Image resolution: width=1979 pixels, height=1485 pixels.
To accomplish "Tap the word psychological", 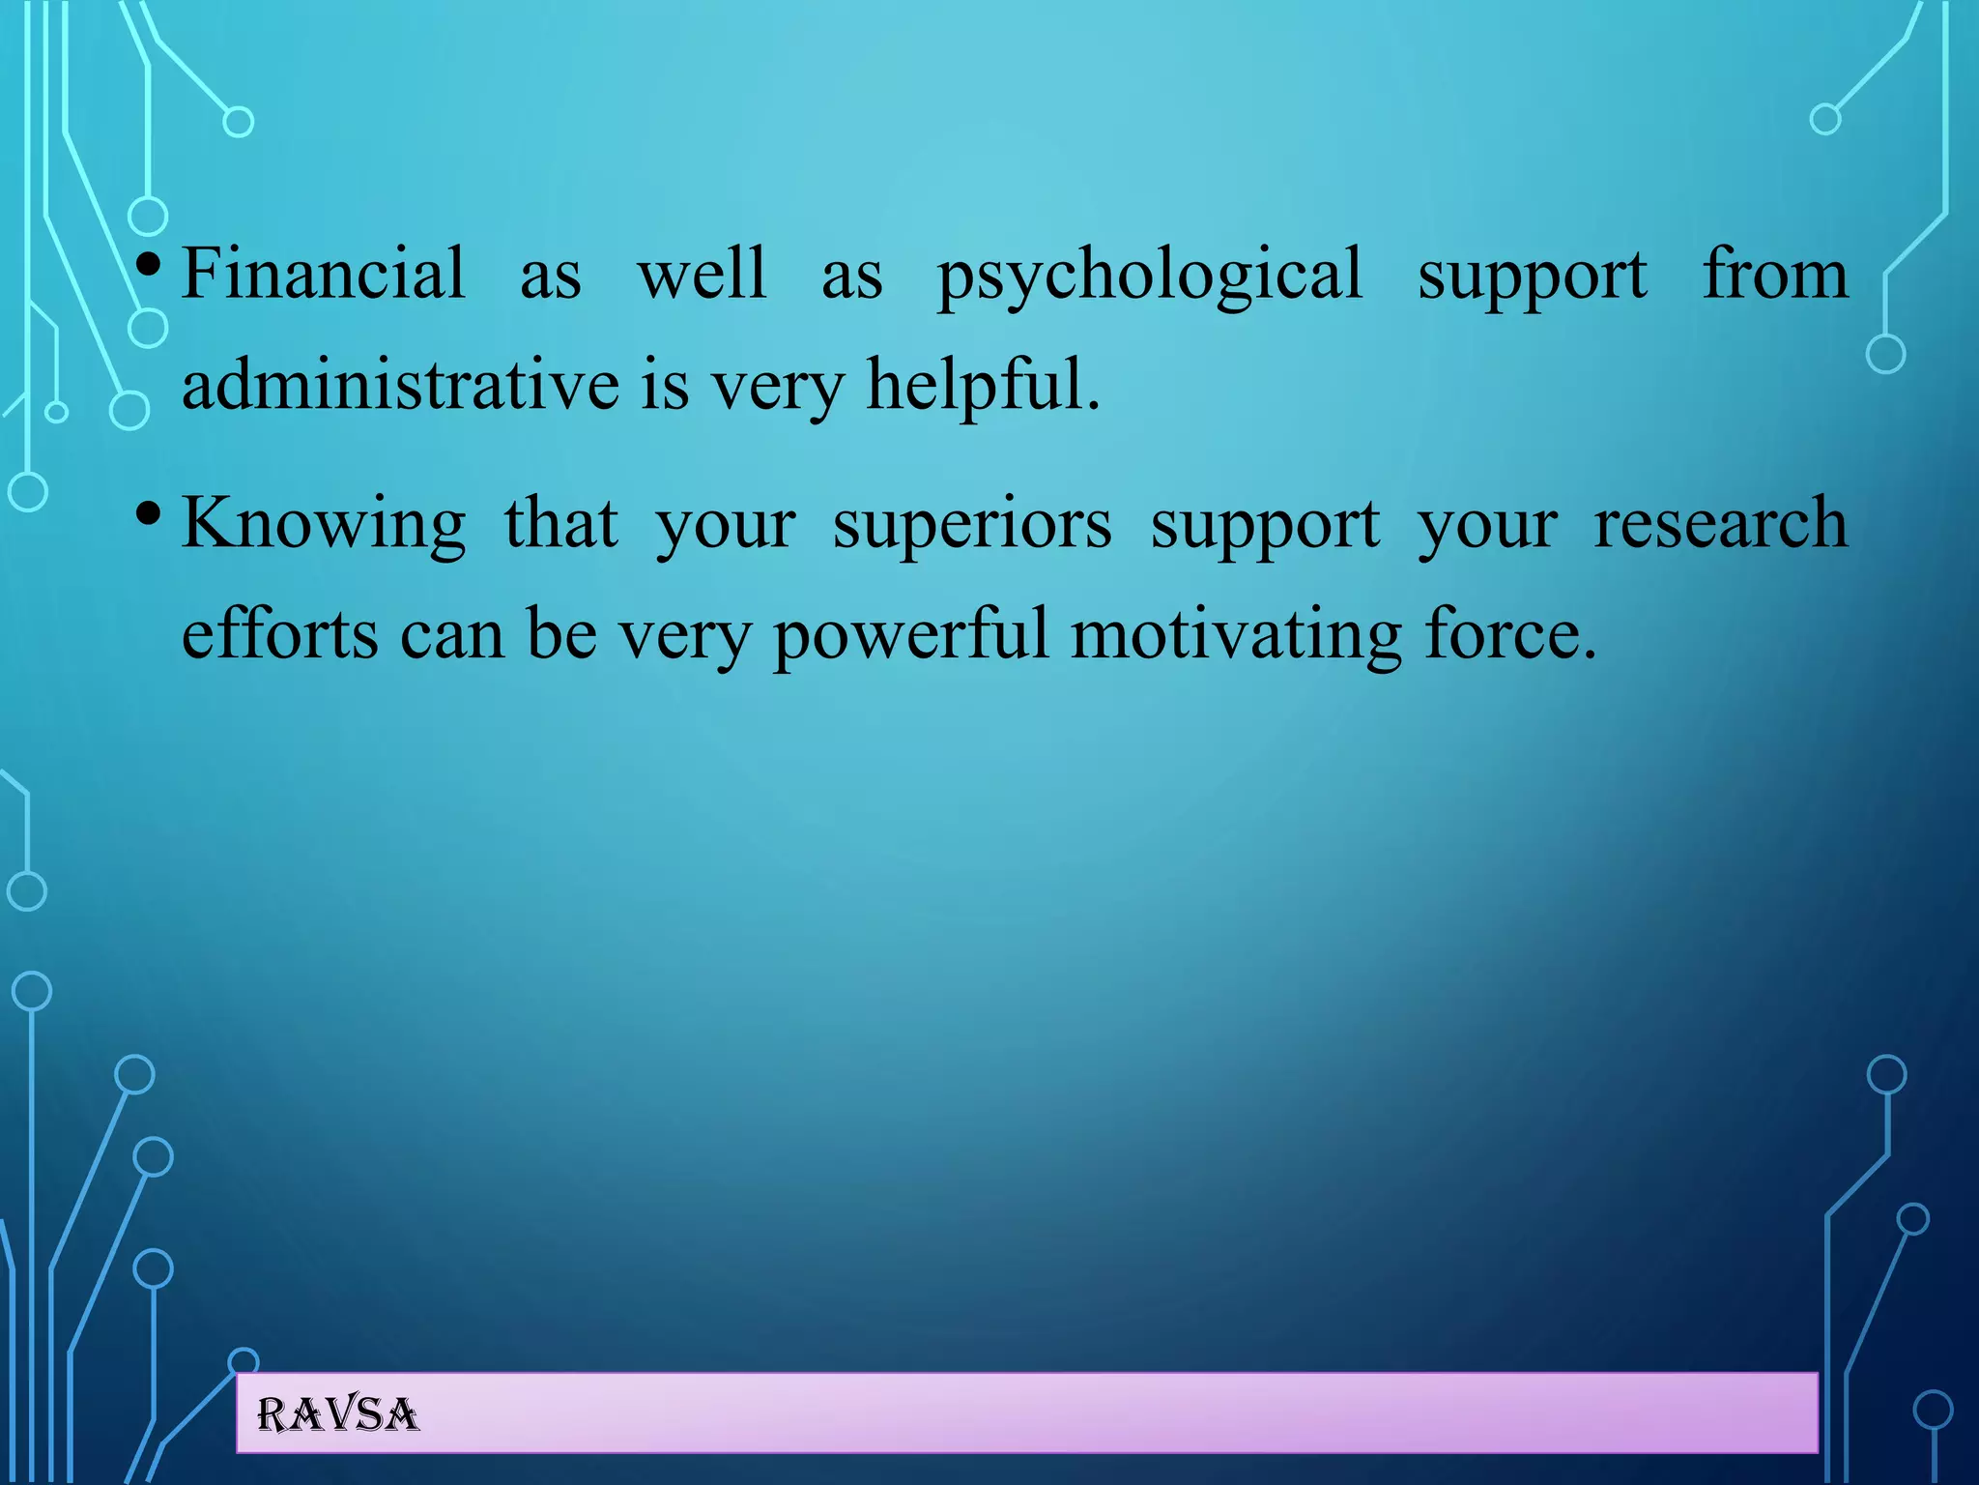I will point(1150,276).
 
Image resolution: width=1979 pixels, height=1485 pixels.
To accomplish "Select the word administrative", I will point(400,384).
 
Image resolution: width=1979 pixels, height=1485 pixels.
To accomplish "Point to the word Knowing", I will point(324,525).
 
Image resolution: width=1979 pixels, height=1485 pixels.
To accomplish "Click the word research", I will point(1720,523).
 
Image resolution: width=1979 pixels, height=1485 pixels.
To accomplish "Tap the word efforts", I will point(280,634).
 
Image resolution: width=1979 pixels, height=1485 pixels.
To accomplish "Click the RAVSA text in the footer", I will point(338,1415).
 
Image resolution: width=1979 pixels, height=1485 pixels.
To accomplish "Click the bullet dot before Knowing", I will point(148,511).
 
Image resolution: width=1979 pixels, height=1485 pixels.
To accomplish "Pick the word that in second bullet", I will point(560,523).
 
